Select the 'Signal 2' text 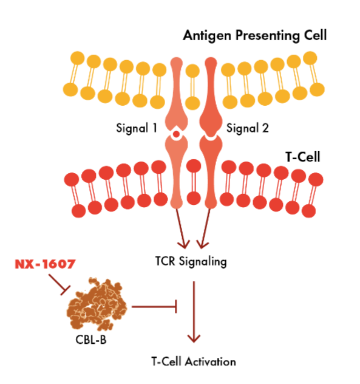[247, 128]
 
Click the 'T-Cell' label [302, 157]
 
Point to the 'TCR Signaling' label [191, 261]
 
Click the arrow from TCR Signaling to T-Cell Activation [193, 310]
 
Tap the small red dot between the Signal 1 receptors [176, 134]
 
